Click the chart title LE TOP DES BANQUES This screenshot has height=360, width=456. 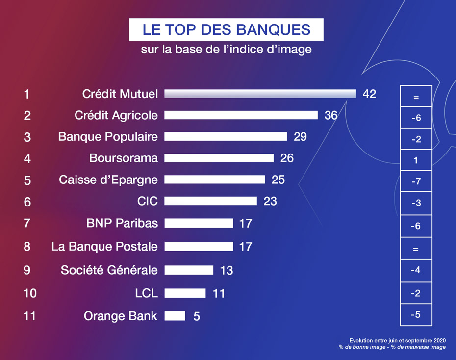pyautogui.click(x=226, y=29)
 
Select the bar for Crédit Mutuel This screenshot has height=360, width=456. pyautogui.click(x=260, y=94)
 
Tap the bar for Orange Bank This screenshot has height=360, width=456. pyautogui.click(x=175, y=316)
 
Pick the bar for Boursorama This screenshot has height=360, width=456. pyautogui.click(x=219, y=158)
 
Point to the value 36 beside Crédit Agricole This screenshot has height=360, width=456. pyautogui.click(x=331, y=115)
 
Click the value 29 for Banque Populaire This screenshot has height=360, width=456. pyautogui.click(x=300, y=137)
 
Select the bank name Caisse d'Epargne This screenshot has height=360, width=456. pyautogui.click(x=108, y=180)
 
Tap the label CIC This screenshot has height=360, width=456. pyautogui.click(x=148, y=201)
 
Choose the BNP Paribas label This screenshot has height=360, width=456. pyautogui.click(x=122, y=223)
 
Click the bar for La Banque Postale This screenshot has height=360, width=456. pyautogui.click(x=199, y=246)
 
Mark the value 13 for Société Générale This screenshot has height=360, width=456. pyautogui.click(x=227, y=270)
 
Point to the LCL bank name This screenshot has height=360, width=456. pyautogui.click(x=146, y=293)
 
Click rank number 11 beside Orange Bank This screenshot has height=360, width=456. pyautogui.click(x=29, y=316)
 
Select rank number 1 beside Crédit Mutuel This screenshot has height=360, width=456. pyautogui.click(x=27, y=94)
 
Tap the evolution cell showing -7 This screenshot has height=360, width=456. pyautogui.click(x=416, y=181)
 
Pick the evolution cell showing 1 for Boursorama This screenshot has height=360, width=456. pyautogui.click(x=416, y=160)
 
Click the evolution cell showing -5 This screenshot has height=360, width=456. pyautogui.click(x=416, y=315)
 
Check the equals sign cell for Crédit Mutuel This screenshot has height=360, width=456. pyautogui.click(x=416, y=97)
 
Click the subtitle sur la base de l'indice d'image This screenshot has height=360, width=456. pyautogui.click(x=226, y=50)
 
